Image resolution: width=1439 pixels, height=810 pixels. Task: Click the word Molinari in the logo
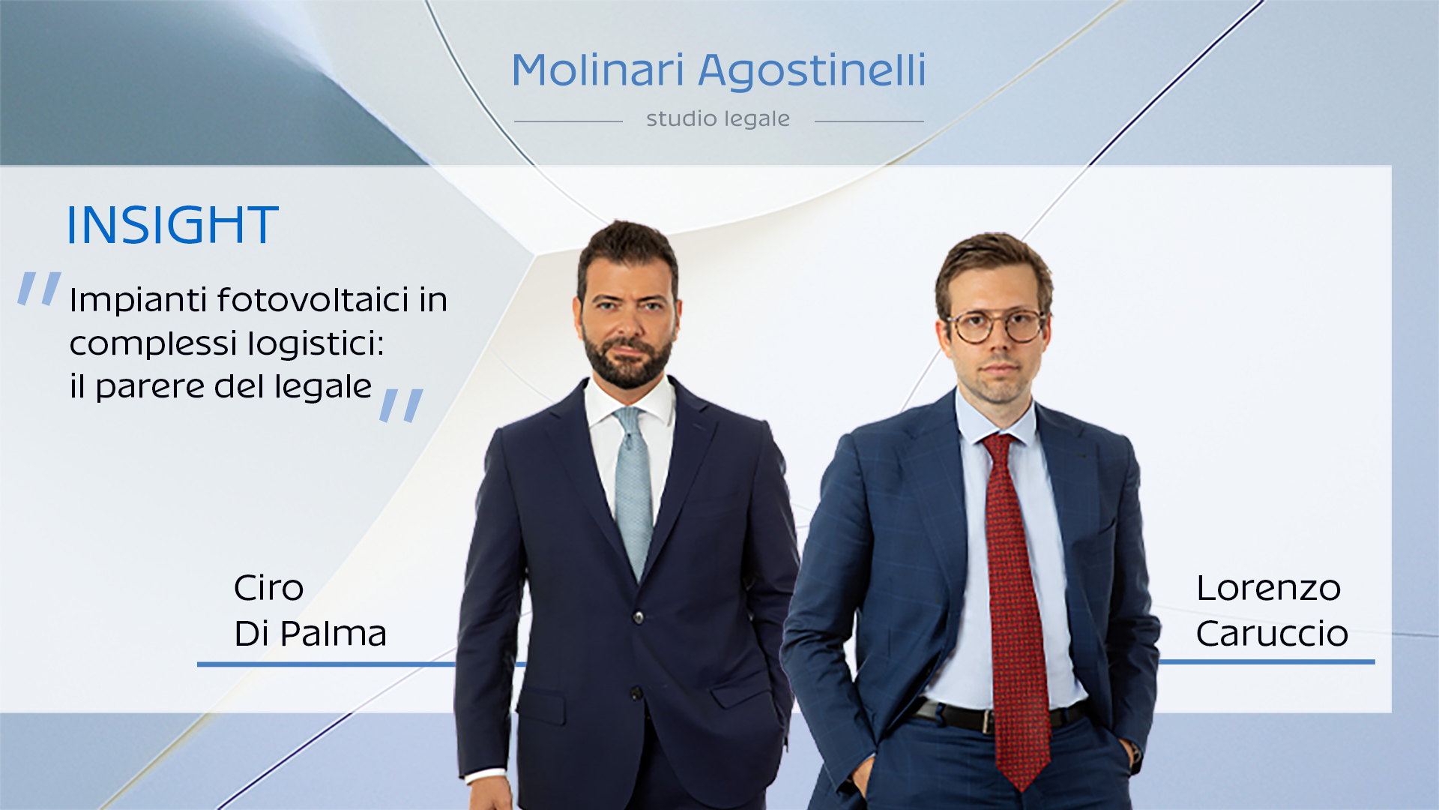(597, 70)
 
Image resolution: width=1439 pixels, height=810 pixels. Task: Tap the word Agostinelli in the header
(812, 72)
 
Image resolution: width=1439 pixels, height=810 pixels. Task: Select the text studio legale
(717, 119)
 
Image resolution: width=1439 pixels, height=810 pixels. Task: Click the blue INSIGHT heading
(172, 225)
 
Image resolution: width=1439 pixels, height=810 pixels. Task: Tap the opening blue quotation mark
(40, 289)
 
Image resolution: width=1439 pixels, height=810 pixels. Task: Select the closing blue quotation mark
(402, 405)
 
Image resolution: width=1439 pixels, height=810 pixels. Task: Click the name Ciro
(268, 588)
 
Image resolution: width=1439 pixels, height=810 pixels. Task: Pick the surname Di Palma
(310, 634)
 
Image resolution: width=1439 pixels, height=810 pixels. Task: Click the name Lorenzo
(1268, 588)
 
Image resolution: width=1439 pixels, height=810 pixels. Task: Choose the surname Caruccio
(1272, 634)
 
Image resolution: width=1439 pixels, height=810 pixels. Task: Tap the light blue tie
(633, 487)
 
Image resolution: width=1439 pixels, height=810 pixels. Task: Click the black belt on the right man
(967, 716)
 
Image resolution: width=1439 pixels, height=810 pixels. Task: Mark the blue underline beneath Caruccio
(1267, 662)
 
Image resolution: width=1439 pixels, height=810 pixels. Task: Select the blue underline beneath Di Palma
(326, 664)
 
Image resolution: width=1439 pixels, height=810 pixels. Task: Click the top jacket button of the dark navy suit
(639, 617)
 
